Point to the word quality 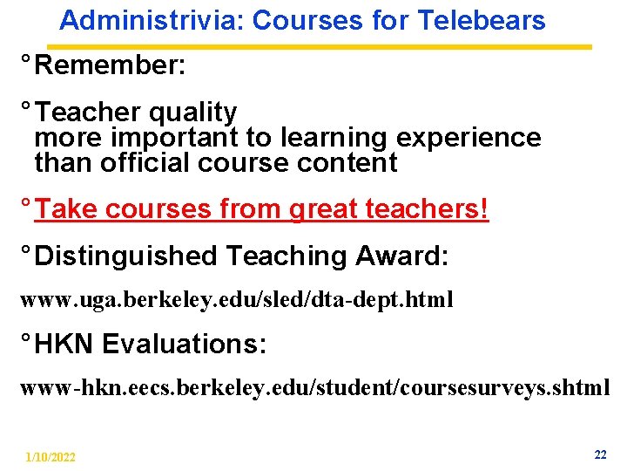(x=192, y=113)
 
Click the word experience (x=469, y=138)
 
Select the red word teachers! (x=438, y=209)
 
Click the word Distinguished (x=126, y=256)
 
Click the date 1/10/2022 (x=51, y=457)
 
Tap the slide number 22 (x=600, y=454)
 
